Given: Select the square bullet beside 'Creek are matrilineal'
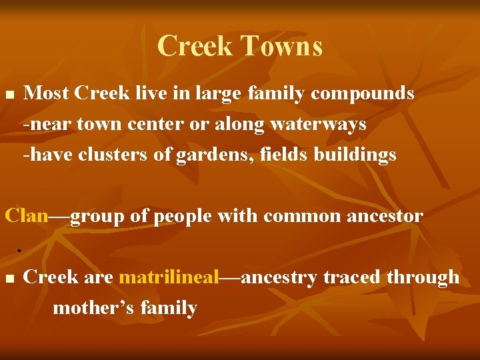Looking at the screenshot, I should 9,278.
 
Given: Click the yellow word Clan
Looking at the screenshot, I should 27,216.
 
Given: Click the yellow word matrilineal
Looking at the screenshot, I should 169,277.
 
